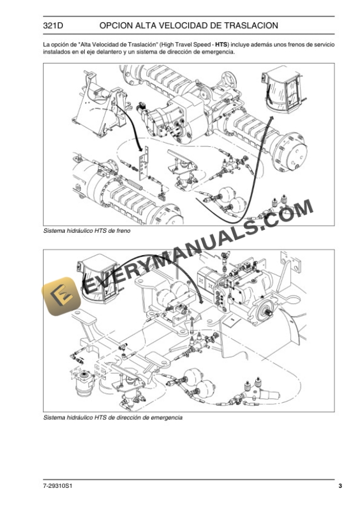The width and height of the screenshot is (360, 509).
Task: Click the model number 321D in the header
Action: [x=54, y=26]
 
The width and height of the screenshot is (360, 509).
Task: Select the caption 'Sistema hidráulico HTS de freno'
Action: [x=86, y=231]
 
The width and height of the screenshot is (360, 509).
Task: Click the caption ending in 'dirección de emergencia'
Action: [x=113, y=417]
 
